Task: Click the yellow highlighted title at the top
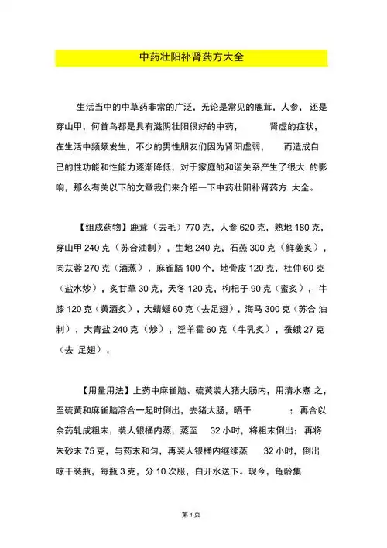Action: tap(193, 57)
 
